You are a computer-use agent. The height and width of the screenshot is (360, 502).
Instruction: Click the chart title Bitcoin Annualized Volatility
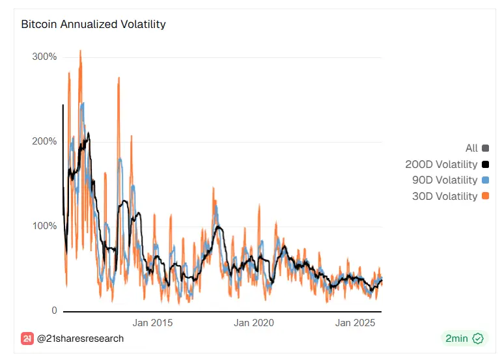[93, 25]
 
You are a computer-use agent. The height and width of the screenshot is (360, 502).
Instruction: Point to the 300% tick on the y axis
[44, 57]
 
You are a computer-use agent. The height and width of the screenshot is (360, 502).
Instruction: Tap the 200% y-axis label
[44, 141]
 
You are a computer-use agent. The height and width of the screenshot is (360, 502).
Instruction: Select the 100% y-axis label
[44, 226]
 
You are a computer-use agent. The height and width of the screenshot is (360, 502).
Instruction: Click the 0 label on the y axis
[53, 311]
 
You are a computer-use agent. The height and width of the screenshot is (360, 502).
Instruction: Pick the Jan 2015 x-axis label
[152, 323]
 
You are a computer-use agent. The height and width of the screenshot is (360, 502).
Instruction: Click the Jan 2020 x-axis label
[254, 323]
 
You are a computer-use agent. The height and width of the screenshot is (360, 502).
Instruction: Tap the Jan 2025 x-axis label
[354, 323]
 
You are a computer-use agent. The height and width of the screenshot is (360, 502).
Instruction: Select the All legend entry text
[471, 148]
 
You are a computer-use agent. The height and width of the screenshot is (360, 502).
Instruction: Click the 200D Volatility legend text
[441, 165]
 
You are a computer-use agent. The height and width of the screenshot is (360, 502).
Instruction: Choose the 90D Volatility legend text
[445, 180]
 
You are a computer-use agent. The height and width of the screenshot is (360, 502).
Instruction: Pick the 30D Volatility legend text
[445, 196]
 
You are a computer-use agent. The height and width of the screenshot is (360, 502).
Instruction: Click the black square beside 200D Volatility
[486, 165]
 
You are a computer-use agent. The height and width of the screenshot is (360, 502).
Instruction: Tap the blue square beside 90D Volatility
[486, 180]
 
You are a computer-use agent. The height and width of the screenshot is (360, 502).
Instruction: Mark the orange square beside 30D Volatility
[486, 196]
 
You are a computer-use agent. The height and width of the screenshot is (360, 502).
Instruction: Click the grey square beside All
[486, 148]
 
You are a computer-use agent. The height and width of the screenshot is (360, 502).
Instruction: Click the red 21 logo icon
[27, 339]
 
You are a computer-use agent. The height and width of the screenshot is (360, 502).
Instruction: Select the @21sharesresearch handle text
[80, 339]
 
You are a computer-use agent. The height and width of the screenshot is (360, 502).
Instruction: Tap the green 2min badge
[464, 339]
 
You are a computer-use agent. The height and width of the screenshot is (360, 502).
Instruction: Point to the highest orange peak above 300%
[80, 51]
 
